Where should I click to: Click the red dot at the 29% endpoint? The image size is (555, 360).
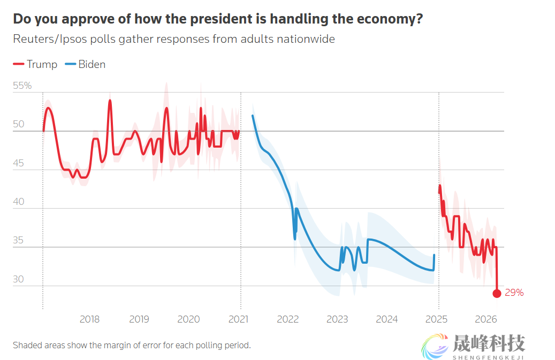tap(497, 293)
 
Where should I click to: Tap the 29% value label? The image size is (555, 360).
tap(514, 293)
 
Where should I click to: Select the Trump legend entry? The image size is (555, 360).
tap(35, 65)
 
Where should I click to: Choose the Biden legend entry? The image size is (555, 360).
tap(86, 65)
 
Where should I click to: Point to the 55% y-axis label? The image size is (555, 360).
tap(22, 86)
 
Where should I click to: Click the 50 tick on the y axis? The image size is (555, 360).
tap(19, 125)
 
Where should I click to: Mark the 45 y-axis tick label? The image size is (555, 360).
tap(19, 164)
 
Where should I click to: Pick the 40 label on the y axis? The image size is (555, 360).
tap(19, 202)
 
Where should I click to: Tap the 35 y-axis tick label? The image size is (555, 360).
tap(19, 241)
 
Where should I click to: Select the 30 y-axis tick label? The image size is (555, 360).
tap(19, 279)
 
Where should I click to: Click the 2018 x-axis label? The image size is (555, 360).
tap(89, 319)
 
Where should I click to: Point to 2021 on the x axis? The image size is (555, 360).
tap(238, 319)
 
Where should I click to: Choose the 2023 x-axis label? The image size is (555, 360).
tap(337, 319)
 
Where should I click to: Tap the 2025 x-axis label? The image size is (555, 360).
tap(436, 319)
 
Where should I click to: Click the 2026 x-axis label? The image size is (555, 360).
tap(486, 319)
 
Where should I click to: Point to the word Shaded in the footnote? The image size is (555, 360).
tap(28, 345)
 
